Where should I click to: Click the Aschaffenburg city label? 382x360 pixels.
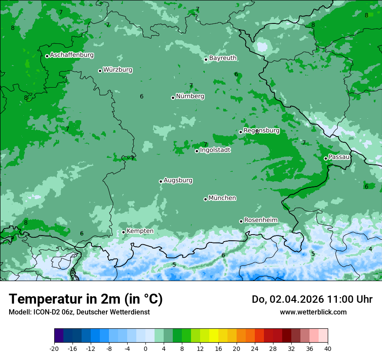[x=72, y=55]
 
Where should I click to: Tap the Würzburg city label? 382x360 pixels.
[x=118, y=70]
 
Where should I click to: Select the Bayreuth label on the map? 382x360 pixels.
[x=223, y=58]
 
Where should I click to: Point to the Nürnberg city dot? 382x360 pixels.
[x=173, y=98]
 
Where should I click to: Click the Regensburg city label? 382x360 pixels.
[x=261, y=131]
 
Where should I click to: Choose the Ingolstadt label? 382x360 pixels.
[x=215, y=150]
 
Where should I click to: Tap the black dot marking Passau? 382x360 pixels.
[x=326, y=158]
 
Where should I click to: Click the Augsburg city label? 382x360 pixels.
[x=178, y=180]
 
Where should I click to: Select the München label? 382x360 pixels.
[x=222, y=198]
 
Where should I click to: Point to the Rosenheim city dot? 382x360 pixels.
[x=241, y=221]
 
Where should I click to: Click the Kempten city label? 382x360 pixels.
[x=140, y=231]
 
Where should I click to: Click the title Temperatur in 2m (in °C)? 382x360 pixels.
[x=86, y=299]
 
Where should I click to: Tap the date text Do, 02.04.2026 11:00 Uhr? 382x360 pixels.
[x=312, y=299]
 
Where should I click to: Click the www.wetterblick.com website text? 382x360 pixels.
[x=313, y=312]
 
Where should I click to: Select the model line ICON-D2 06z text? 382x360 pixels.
[x=79, y=312]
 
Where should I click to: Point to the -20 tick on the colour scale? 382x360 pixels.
[x=54, y=348]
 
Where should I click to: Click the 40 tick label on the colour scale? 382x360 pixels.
[x=327, y=348]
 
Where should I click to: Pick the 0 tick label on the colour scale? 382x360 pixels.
[x=145, y=348]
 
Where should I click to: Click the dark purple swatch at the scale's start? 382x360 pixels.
[x=59, y=336]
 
